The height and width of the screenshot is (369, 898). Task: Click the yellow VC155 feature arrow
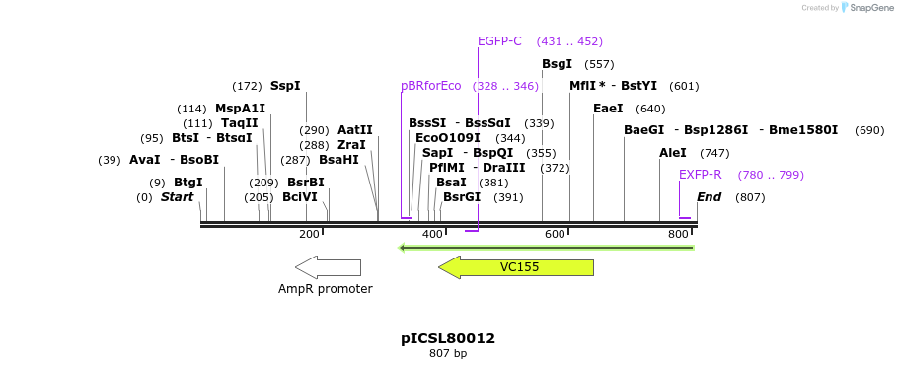click(517, 267)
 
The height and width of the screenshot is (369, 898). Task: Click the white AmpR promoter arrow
click(328, 267)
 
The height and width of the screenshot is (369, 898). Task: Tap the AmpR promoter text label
click(326, 289)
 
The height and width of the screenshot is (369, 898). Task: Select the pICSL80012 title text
click(448, 338)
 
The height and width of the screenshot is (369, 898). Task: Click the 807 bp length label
click(448, 353)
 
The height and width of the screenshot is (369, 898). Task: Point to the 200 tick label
click(309, 234)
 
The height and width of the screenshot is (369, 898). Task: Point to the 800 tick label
click(678, 234)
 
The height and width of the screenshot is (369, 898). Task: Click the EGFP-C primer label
click(499, 41)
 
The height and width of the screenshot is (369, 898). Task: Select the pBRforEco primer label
click(431, 86)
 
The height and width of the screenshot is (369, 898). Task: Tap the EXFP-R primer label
click(701, 175)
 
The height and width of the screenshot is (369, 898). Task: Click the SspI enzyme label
click(285, 86)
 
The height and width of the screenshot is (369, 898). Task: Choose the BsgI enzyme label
click(557, 64)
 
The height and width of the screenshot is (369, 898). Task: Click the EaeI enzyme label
click(608, 109)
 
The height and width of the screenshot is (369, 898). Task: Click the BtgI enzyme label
click(188, 183)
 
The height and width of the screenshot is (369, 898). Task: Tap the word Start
click(178, 197)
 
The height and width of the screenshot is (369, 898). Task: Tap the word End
click(710, 197)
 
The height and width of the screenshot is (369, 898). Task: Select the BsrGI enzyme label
click(462, 197)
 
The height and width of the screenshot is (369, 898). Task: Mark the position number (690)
click(869, 130)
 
